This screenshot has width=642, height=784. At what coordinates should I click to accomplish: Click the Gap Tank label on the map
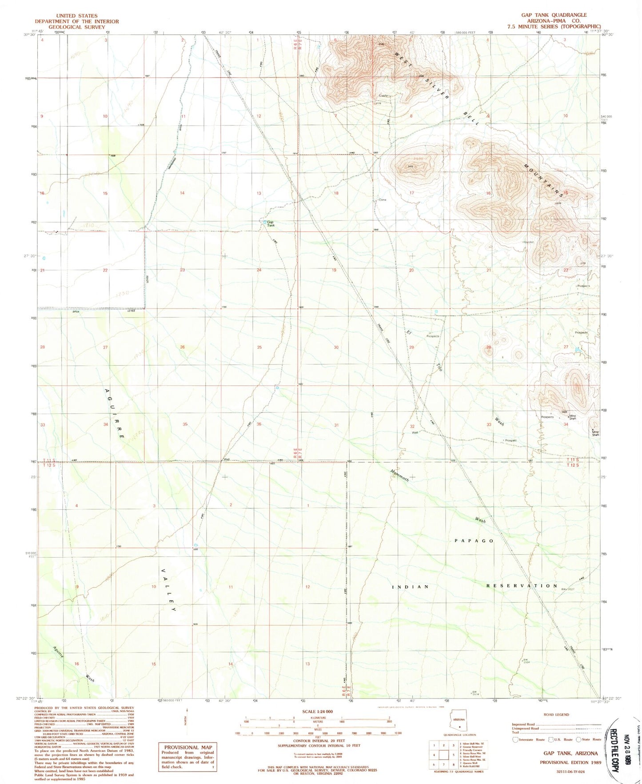coord(270,224)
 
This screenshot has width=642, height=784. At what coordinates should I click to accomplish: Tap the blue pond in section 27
coord(577,350)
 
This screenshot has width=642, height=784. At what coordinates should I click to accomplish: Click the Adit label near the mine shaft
coord(565,411)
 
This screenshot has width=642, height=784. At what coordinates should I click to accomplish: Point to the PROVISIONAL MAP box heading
coord(187,747)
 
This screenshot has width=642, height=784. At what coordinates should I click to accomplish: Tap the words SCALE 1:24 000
coord(317,712)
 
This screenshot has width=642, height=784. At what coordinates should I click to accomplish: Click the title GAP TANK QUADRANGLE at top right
coord(554,15)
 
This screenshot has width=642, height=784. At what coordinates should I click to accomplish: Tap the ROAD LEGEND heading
coord(556,715)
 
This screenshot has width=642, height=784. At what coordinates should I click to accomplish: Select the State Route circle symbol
coord(578,740)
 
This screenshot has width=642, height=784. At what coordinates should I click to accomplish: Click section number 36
coord(259,424)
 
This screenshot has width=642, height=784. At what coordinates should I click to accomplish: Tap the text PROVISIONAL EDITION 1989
coord(570,762)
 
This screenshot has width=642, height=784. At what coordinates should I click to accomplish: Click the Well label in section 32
coord(415,432)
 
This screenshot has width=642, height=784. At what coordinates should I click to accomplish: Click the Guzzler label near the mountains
coord(528,242)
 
